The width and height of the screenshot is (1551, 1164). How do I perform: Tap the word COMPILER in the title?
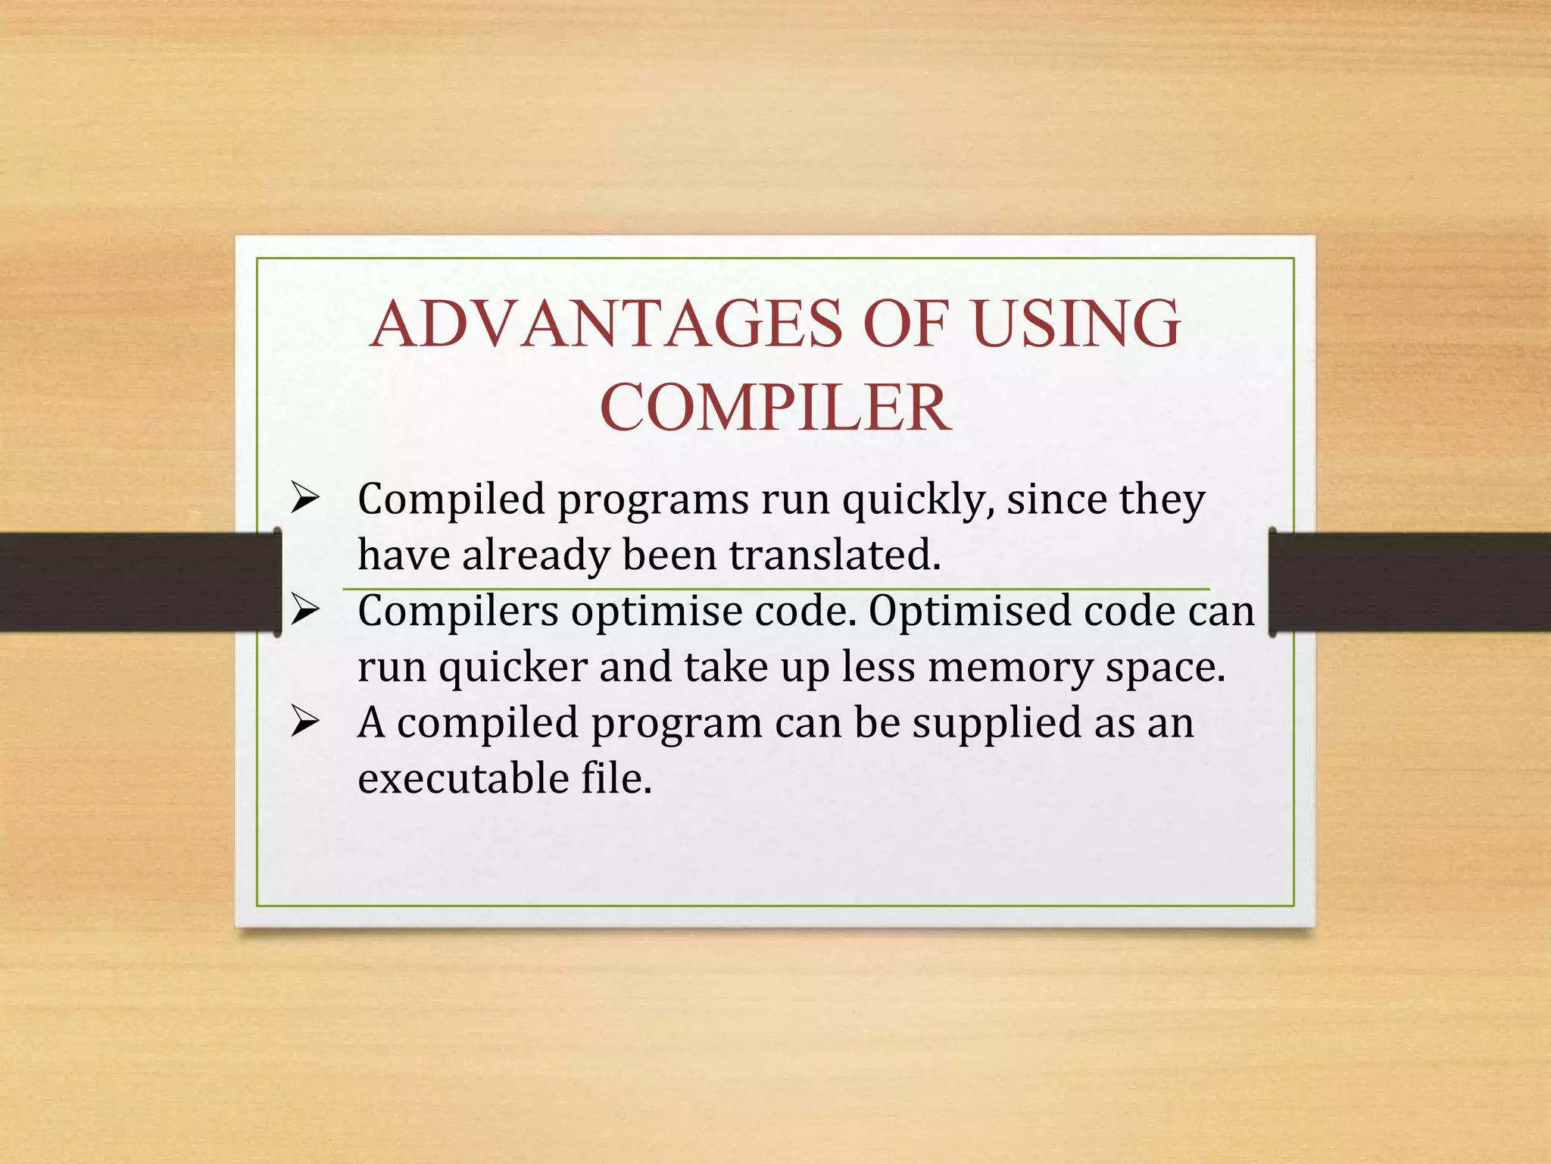[x=775, y=408]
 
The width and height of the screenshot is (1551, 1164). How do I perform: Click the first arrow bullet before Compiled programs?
[x=304, y=499]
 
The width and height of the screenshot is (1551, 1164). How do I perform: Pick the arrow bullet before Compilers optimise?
[x=304, y=610]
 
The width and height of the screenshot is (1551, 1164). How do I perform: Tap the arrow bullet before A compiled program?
[x=304, y=722]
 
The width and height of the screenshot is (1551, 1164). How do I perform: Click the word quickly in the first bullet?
[x=918, y=500]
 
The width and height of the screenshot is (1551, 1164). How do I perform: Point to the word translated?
[x=835, y=555]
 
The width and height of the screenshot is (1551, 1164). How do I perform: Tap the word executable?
[x=463, y=779]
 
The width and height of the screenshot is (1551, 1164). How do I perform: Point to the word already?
[x=535, y=555]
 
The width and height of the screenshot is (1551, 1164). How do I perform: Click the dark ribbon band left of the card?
[x=136, y=582]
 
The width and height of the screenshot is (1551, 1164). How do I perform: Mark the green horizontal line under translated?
[x=775, y=588]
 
